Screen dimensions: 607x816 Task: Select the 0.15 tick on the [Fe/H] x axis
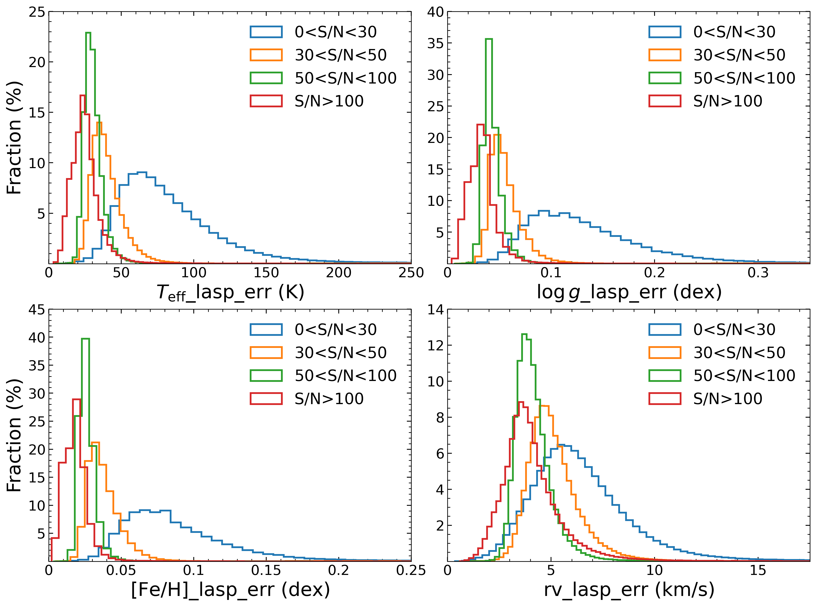(x=266, y=570)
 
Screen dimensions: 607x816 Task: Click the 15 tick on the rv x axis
(x=758, y=570)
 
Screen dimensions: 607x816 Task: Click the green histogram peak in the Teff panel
(x=88, y=33)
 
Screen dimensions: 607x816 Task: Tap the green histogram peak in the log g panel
(x=489, y=39)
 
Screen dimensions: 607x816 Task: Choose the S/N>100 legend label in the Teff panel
(x=329, y=101)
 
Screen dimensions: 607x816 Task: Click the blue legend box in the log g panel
(x=665, y=32)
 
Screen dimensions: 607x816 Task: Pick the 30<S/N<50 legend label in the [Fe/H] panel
(x=341, y=353)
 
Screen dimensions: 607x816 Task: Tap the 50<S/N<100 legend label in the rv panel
(x=744, y=376)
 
